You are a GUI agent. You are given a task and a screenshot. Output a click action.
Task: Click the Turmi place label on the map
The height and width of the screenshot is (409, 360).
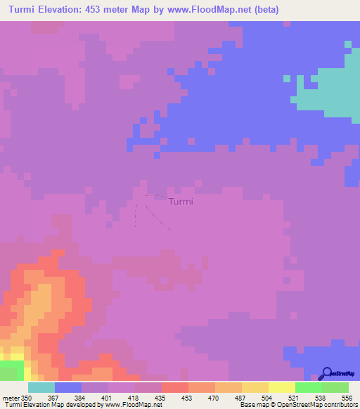[x=181, y=202]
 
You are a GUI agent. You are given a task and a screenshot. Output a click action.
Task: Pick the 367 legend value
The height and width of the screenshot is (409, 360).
[x=55, y=398]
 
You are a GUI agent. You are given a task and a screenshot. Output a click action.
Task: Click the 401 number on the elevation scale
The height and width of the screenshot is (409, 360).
[x=108, y=398]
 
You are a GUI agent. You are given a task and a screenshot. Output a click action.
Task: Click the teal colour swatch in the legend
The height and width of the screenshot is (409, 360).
[x=41, y=387]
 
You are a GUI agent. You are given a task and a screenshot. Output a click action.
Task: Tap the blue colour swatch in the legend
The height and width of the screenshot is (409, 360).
[x=68, y=387]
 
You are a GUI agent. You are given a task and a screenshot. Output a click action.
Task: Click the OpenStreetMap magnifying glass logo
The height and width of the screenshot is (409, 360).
[x=326, y=373]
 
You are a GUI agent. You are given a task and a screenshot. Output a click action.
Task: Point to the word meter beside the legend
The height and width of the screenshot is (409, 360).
[x=10, y=398]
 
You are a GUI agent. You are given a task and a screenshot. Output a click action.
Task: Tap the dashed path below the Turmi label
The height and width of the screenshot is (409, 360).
[x=160, y=217]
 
